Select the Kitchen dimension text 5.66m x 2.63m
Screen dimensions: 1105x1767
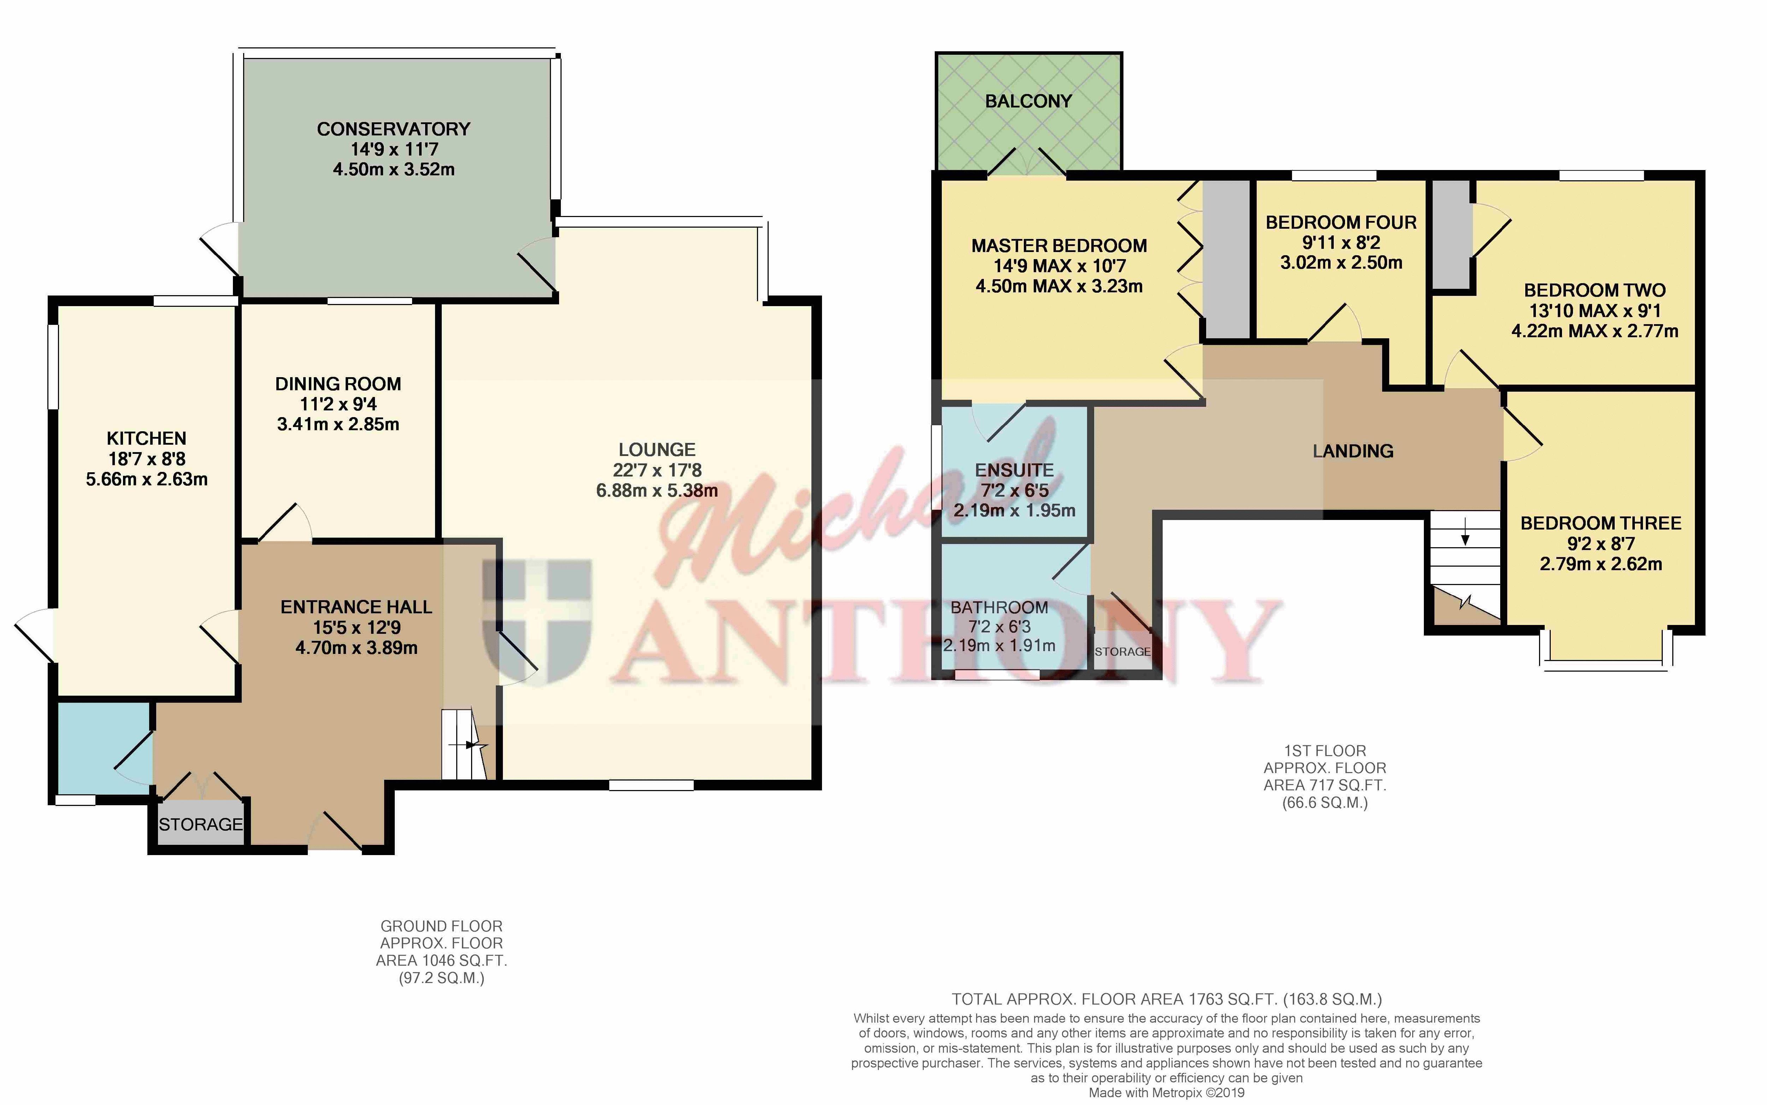tap(147, 479)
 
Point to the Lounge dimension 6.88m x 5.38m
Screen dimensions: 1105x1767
tap(657, 490)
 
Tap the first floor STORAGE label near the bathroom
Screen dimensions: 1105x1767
tap(1122, 651)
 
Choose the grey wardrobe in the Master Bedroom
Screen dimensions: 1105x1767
tap(1226, 259)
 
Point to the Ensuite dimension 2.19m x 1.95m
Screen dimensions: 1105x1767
tap(1014, 510)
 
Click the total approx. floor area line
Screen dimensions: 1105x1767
tap(1167, 999)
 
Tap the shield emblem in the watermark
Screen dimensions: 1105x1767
tap(546, 621)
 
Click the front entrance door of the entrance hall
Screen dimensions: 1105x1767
tap(335, 848)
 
